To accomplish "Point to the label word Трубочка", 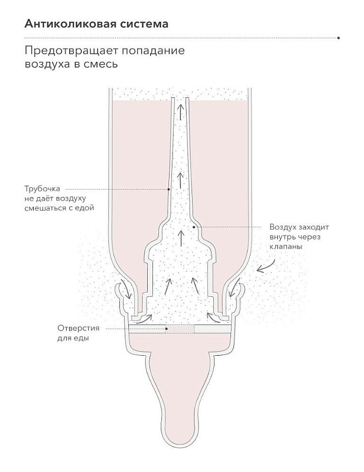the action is [x=42, y=189].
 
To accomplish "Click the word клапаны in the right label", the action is [x=286, y=247].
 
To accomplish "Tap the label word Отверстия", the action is [x=79, y=328].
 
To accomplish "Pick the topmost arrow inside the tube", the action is [x=180, y=112].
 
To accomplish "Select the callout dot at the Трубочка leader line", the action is [x=168, y=189].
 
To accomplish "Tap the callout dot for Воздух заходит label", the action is [x=194, y=227].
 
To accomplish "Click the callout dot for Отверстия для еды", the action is [x=167, y=329].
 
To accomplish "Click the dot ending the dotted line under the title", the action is [x=339, y=38].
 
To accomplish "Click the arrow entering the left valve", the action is [x=126, y=289].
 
